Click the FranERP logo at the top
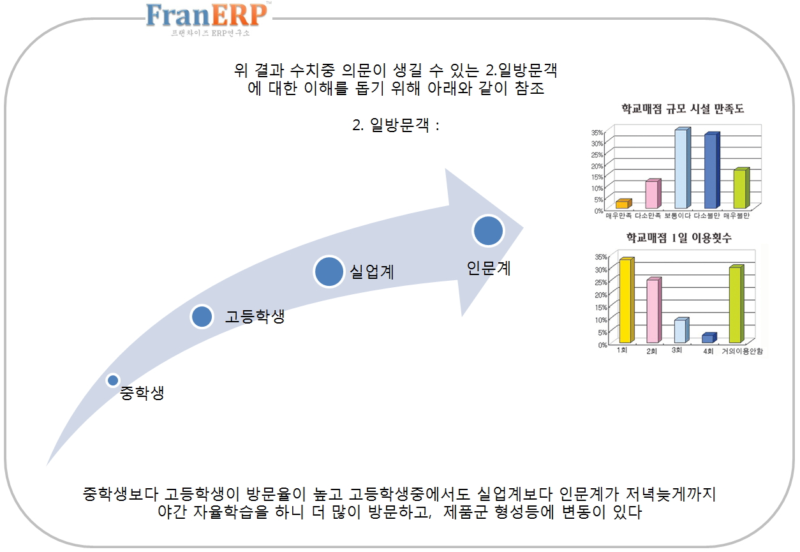tap(208, 19)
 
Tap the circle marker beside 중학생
tap(113, 380)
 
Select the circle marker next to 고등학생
tap(202, 316)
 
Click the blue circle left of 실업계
tap(329, 271)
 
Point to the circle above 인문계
tap(488, 230)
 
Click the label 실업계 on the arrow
tap(372, 272)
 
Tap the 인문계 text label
tap(489, 268)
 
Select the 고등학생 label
tap(255, 317)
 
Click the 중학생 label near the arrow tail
tap(142, 393)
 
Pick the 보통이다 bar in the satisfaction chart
tap(683, 168)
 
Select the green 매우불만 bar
tap(741, 188)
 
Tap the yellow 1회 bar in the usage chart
tap(626, 300)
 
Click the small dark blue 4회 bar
tap(709, 338)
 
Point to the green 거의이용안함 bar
tap(736, 304)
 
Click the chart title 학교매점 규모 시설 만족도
tap(683, 109)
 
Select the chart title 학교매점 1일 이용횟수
tap(679, 237)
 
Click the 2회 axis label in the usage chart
tap(651, 351)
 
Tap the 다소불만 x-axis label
tap(706, 216)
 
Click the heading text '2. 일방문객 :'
tap(396, 125)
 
